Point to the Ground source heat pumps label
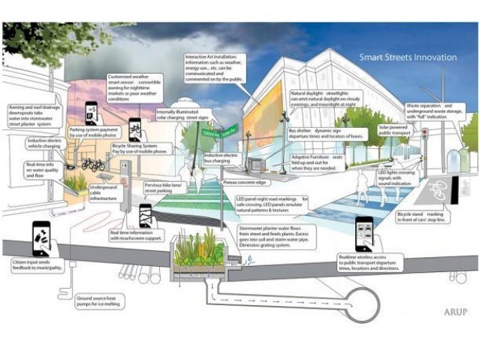tap(100, 302)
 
